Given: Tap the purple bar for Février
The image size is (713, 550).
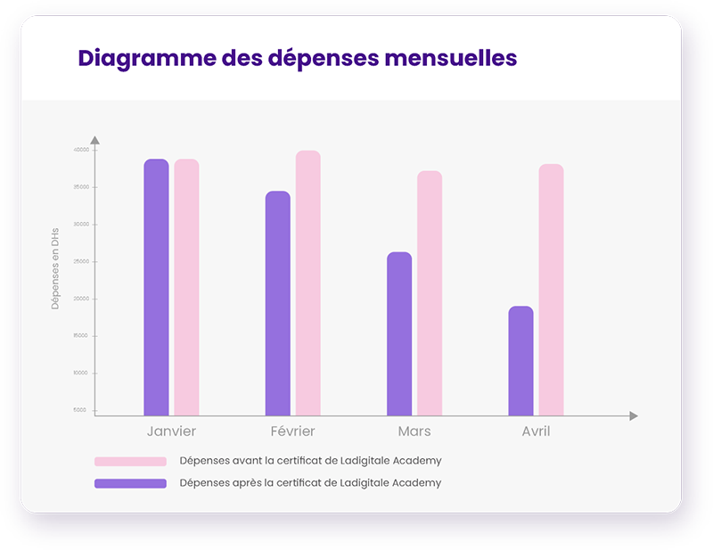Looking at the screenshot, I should [278, 303].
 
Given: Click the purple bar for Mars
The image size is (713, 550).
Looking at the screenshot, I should [399, 333].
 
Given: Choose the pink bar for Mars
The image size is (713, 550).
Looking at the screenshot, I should [430, 293].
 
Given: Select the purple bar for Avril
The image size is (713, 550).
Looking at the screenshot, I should [520, 361].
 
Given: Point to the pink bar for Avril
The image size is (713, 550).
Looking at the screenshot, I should [551, 290].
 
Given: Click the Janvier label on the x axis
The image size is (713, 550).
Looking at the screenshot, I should [171, 431].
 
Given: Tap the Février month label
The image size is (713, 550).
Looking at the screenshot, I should [293, 431].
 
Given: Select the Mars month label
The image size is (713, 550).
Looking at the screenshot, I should [414, 431].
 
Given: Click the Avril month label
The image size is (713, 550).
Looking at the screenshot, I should [536, 431].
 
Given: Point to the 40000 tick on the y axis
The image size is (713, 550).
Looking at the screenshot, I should [81, 150].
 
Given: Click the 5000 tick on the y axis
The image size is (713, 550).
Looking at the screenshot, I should [81, 410].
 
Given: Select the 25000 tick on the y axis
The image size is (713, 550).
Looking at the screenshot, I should [81, 261].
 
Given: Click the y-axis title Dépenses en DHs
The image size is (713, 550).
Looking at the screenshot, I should [55, 268].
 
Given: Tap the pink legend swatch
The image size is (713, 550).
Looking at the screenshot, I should [130, 462].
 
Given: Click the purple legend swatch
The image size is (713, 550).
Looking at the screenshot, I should [130, 483].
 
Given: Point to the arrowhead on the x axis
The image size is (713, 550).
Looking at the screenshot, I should [634, 416].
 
